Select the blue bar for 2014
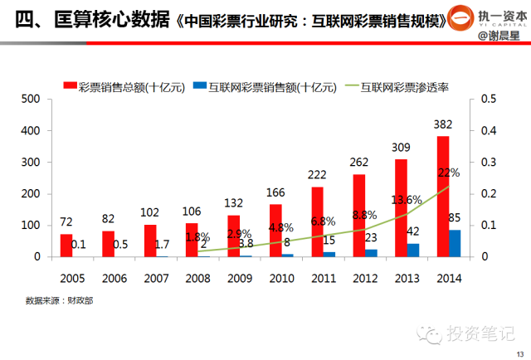click(x=455, y=243)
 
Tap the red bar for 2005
click(x=66, y=246)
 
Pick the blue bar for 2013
click(x=413, y=250)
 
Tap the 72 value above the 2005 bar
click(x=66, y=223)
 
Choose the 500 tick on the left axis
click(x=30, y=100)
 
